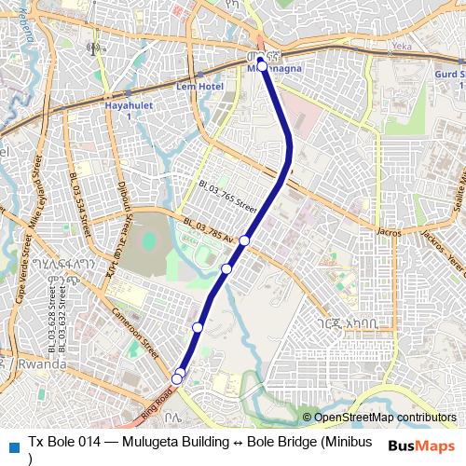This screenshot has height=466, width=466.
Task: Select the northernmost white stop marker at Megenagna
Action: click(x=263, y=65)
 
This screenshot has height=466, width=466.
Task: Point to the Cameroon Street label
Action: click(x=134, y=328)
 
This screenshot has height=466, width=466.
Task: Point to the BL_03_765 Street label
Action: click(x=226, y=195)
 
